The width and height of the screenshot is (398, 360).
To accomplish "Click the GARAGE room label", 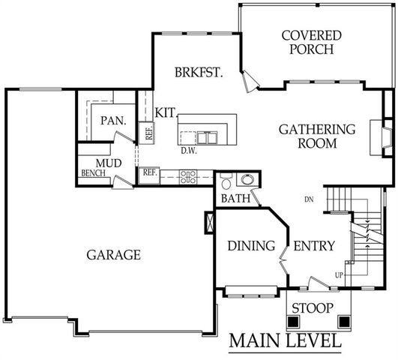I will coord(114,255).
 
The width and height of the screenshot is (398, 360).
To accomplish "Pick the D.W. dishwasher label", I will coord(189,150).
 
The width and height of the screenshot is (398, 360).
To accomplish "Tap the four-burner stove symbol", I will coord(189,177).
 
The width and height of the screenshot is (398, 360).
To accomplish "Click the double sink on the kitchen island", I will coord(207,137).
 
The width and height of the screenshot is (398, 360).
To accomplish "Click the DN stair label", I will coord(309,199).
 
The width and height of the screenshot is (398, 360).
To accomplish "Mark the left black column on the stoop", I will coord(294,321).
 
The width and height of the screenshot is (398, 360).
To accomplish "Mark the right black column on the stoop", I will coord(344,321).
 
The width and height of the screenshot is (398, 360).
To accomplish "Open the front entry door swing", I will coord(319,283).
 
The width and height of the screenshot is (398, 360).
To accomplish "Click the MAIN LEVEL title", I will coord(285,340).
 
